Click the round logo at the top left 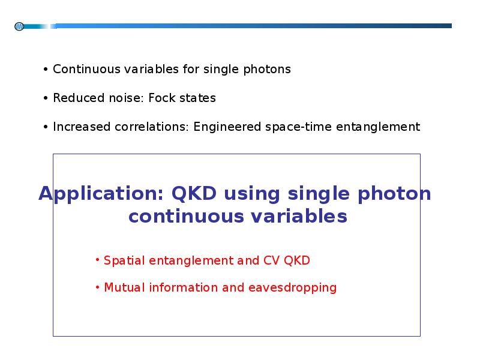(19, 26)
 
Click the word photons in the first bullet (267, 70)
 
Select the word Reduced (79, 98)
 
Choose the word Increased (82, 127)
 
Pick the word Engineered (227, 127)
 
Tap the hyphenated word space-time (298, 127)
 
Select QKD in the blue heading (194, 193)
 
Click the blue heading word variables (299, 216)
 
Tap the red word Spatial (124, 261)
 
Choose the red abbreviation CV (271, 260)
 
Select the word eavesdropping (292, 288)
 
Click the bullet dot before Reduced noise (46, 98)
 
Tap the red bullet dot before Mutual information (97, 287)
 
